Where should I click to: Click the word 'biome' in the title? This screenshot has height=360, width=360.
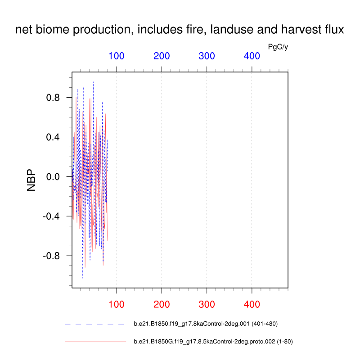click(x=52, y=29)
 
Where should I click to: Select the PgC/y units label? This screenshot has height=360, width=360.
click(x=278, y=47)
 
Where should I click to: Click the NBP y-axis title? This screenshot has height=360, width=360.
click(x=31, y=180)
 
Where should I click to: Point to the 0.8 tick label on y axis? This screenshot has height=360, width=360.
click(x=53, y=98)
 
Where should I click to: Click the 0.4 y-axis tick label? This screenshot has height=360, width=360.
click(x=53, y=137)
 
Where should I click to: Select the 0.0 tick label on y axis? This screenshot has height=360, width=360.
click(x=53, y=177)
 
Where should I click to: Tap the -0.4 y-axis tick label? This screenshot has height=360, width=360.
click(x=51, y=216)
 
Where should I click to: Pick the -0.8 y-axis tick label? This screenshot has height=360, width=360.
click(x=51, y=256)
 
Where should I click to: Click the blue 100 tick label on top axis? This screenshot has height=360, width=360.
click(x=117, y=56)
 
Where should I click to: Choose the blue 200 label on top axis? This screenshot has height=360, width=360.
click(x=162, y=56)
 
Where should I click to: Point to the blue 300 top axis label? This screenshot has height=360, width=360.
click(x=207, y=56)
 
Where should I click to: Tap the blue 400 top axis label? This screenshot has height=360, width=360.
click(x=252, y=56)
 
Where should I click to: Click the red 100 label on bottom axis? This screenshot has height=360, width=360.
click(x=117, y=305)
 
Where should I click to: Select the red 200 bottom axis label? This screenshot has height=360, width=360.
click(x=162, y=305)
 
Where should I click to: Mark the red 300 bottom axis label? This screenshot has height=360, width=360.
click(x=207, y=305)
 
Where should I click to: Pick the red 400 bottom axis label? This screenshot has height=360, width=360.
click(x=252, y=305)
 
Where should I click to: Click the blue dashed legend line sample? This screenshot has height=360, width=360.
click(x=94, y=324)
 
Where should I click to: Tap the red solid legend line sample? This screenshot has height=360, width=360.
click(x=95, y=342)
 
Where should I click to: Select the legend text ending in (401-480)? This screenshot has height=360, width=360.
click(x=206, y=324)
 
